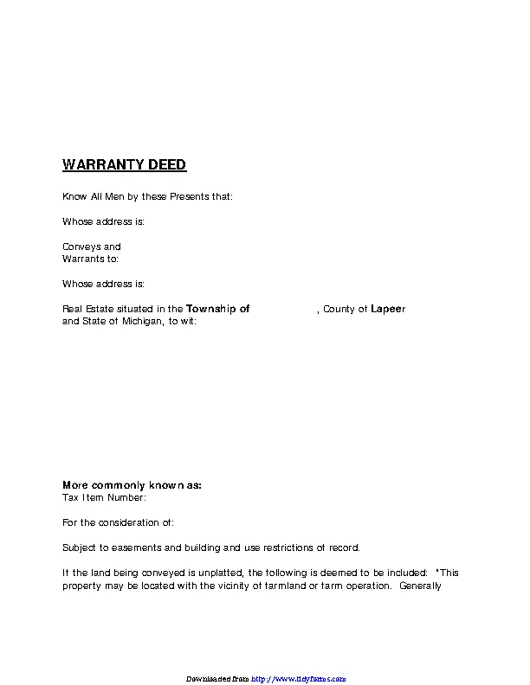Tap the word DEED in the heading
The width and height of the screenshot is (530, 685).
(165, 164)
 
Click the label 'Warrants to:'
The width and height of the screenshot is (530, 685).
(90, 259)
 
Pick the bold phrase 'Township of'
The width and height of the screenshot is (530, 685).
(218, 309)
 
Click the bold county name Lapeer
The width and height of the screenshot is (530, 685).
(388, 309)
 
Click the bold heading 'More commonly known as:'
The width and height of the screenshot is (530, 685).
(132, 485)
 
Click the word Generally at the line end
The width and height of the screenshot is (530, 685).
(421, 586)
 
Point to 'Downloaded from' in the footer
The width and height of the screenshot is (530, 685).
(217, 679)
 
